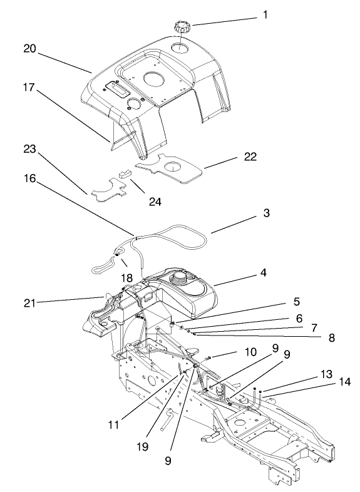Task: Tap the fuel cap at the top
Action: [x=182, y=28]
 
